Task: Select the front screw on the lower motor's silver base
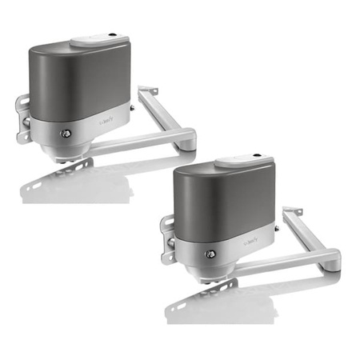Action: [211, 254]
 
